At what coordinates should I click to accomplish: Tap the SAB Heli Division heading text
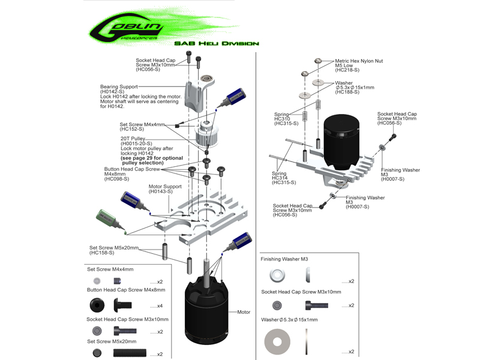pyautogui.click(x=216, y=43)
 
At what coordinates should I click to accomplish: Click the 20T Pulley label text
pyautogui.click(x=134, y=138)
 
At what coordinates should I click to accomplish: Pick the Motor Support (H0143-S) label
pyautogui.click(x=165, y=189)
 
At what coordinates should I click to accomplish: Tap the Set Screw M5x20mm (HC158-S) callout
pyautogui.click(x=114, y=250)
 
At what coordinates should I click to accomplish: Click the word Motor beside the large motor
pyautogui.click(x=244, y=312)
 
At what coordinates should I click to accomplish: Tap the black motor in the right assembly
pyautogui.click(x=342, y=141)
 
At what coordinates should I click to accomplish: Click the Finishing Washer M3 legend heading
pyautogui.click(x=284, y=259)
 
